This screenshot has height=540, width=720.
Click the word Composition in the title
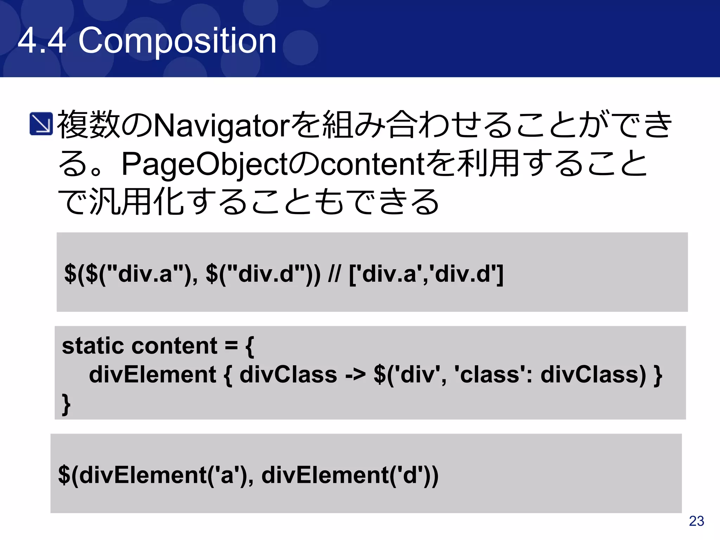point(177,41)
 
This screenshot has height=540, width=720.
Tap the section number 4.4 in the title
point(41,41)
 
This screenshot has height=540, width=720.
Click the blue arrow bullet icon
point(41,124)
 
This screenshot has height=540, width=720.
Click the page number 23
point(696,521)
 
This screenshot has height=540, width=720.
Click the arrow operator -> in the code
point(355,374)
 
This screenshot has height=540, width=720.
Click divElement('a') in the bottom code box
point(155,475)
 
